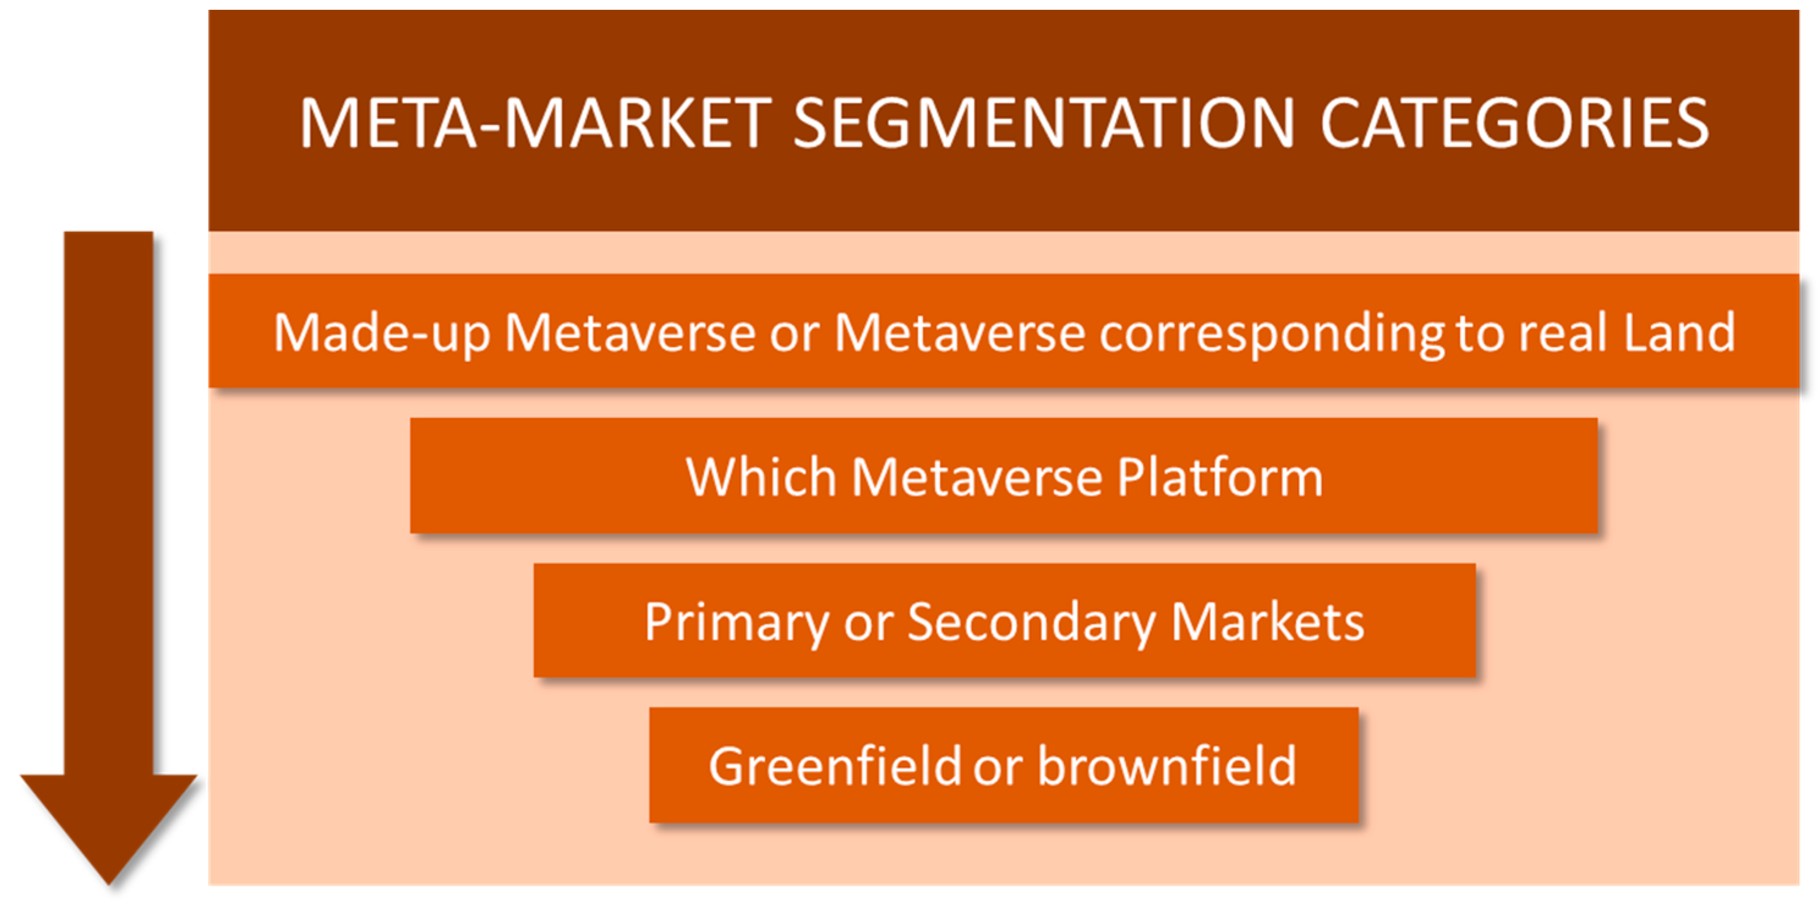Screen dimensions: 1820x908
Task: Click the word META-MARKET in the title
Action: tap(534, 124)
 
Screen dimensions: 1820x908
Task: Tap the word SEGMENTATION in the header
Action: tap(1043, 124)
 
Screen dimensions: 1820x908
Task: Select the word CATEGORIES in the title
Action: tap(1514, 124)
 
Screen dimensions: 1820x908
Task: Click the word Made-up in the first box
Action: tap(382, 333)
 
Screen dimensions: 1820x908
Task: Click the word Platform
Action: tap(1220, 478)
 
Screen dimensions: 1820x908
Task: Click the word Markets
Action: tap(1268, 621)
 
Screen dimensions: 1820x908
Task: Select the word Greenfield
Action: tap(835, 765)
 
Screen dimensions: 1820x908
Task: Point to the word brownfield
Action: tap(1167, 765)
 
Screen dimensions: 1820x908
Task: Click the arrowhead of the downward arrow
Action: tap(109, 830)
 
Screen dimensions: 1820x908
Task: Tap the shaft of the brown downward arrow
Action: tap(109, 503)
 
